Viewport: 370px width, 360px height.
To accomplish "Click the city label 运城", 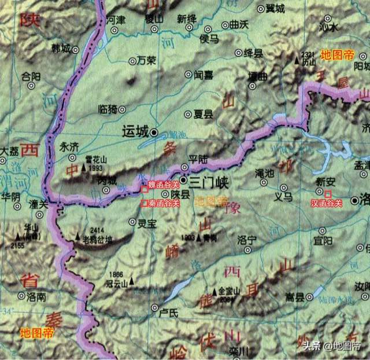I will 135,132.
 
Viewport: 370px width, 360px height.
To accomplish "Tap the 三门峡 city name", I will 209,182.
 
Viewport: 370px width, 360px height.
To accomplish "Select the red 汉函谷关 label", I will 327,203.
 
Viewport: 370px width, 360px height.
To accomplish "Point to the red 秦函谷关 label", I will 161,203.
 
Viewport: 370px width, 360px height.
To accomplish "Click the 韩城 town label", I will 60,49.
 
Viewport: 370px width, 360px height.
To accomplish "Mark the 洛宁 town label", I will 247,239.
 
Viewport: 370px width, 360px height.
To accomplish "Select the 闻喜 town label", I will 204,75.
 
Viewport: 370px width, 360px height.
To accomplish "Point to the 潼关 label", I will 38,204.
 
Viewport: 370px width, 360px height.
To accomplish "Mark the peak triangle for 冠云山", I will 132,281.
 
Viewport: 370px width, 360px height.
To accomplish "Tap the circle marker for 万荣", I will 132,60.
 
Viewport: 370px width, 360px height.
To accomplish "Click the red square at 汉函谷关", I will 328,192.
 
